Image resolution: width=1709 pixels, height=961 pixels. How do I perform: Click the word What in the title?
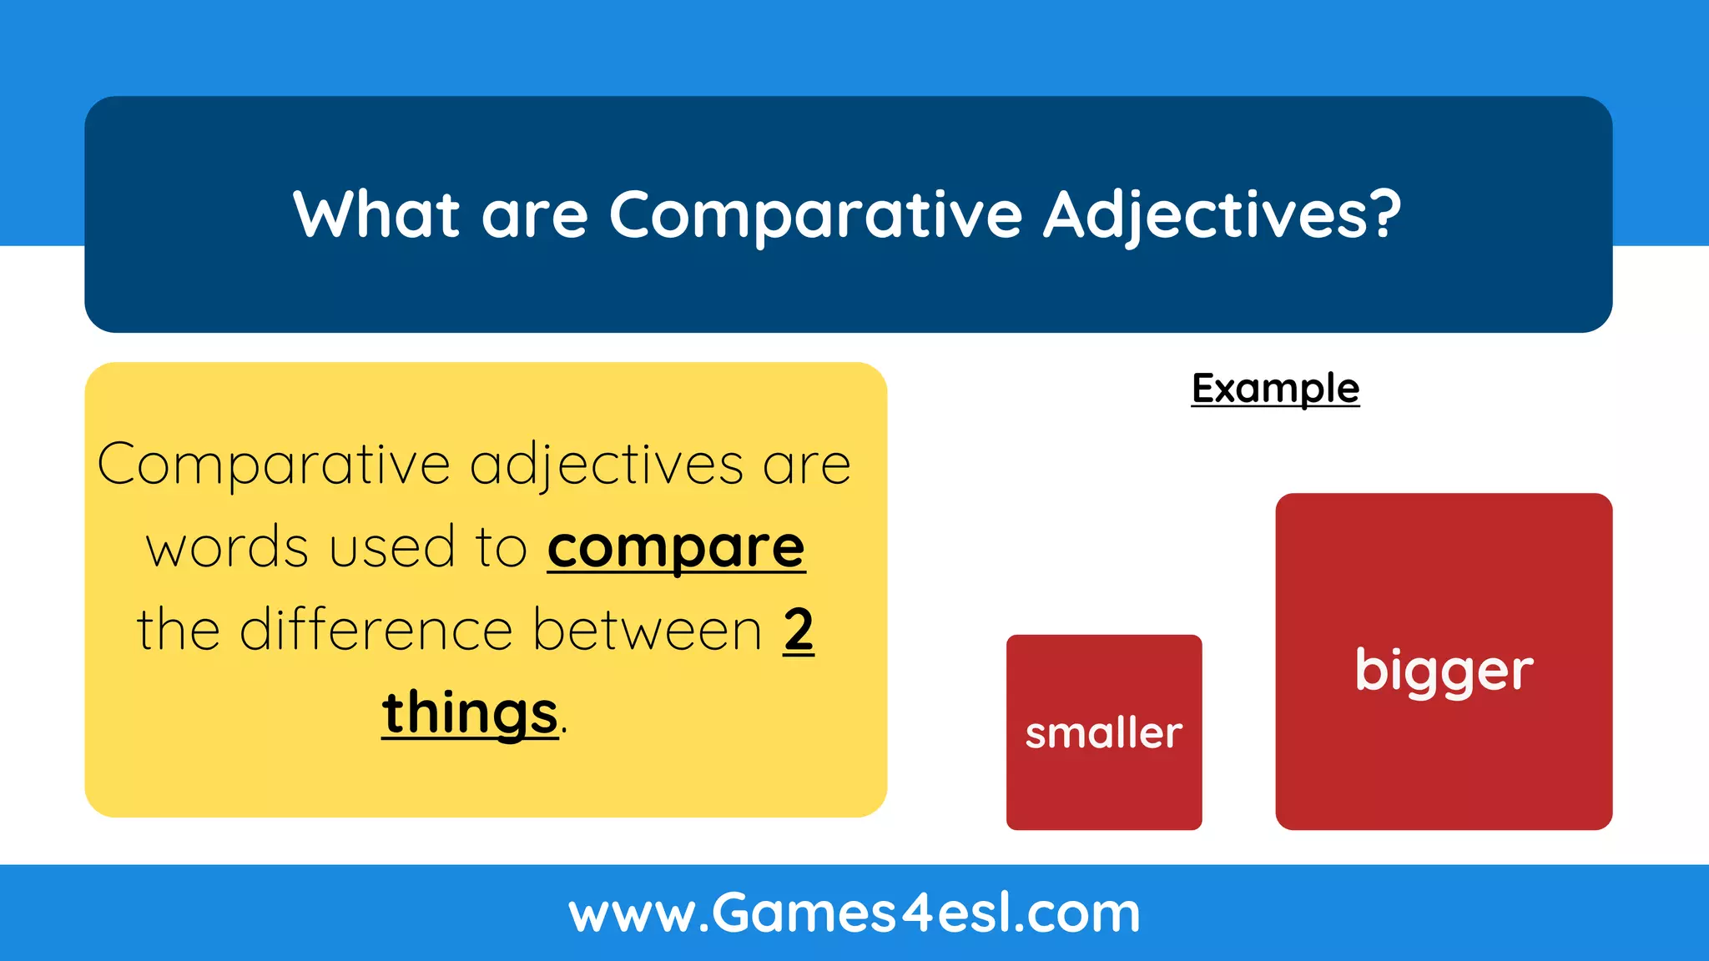376,215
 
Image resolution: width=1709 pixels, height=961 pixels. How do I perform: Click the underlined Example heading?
1275,389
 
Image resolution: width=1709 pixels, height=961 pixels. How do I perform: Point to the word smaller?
1103,733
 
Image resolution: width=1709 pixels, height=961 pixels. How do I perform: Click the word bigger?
1444,672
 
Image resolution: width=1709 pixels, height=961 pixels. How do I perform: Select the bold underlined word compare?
676,549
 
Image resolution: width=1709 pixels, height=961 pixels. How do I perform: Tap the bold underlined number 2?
798,630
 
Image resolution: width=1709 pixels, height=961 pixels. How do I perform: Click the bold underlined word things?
470,713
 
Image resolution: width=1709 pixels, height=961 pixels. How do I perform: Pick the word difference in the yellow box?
376,630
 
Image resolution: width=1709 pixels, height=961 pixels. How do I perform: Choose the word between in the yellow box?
648,630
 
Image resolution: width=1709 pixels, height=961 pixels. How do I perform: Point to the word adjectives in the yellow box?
606,465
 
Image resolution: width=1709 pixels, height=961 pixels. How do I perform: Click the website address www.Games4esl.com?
854,913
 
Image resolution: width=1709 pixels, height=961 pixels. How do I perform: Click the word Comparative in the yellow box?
274,465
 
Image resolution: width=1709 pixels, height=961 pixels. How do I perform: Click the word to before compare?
501,548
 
